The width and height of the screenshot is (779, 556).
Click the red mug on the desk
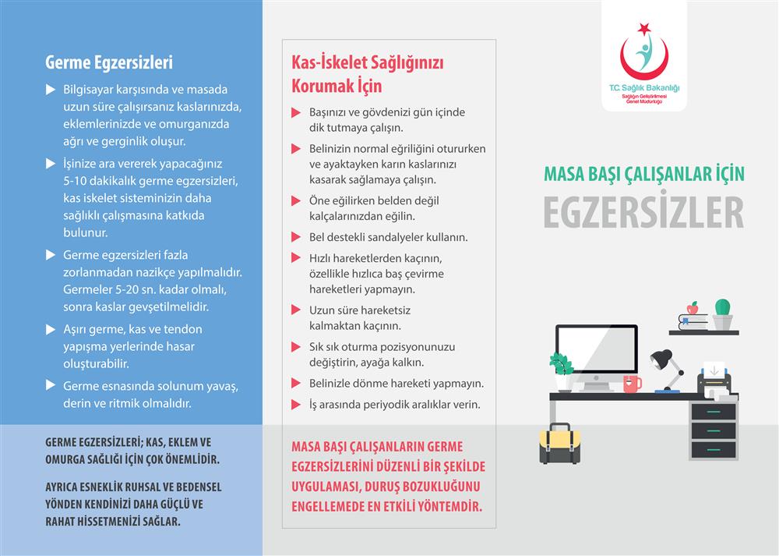coord(632,383)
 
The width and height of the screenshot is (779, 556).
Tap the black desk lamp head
coord(661,359)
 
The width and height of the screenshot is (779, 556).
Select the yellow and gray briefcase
coord(559,444)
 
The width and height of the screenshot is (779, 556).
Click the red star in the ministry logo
coord(643,30)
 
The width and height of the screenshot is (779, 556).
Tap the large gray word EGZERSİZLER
coord(643,212)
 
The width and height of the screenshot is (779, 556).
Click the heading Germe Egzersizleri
coord(109,62)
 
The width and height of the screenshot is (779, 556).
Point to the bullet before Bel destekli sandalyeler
coord(295,237)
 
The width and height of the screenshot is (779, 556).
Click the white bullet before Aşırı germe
coord(51,330)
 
